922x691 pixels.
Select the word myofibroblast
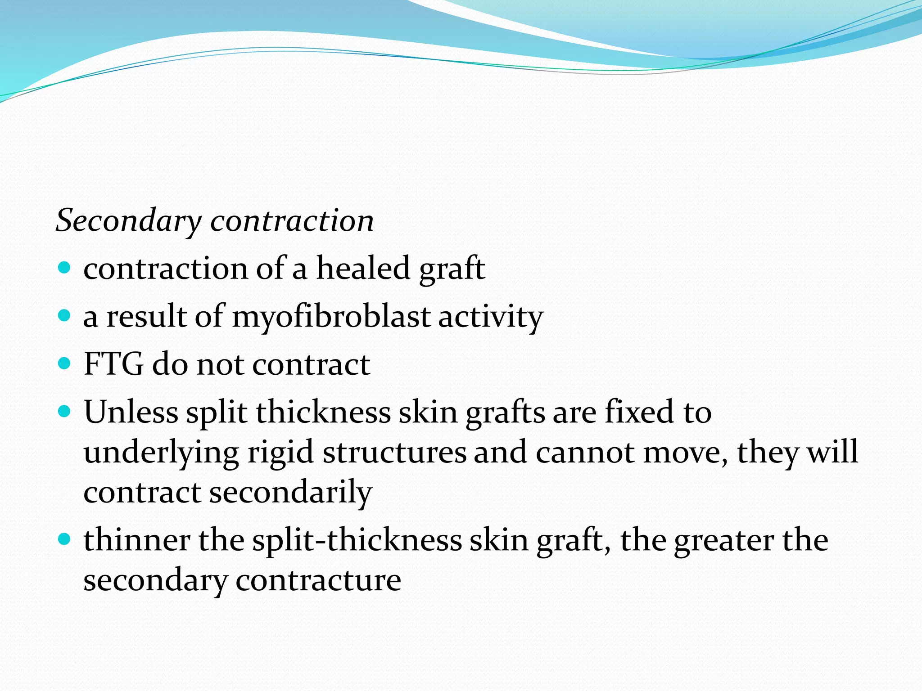click(x=331, y=317)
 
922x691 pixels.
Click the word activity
click(x=491, y=317)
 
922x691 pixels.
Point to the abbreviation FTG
click(x=113, y=364)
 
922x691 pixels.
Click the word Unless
click(x=131, y=412)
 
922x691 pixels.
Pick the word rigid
click(x=280, y=452)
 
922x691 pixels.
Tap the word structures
click(x=394, y=452)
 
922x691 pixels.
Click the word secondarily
click(x=291, y=492)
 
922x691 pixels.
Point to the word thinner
click(x=136, y=540)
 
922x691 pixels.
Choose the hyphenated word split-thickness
click(x=357, y=540)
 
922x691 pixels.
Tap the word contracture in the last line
click(x=318, y=580)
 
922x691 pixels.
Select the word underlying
click(x=161, y=452)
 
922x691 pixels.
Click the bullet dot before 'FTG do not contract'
click(x=65, y=363)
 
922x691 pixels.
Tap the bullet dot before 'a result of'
click(x=65, y=315)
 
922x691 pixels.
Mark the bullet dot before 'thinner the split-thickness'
click(x=65, y=538)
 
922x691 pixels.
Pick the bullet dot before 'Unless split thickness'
click(x=65, y=411)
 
